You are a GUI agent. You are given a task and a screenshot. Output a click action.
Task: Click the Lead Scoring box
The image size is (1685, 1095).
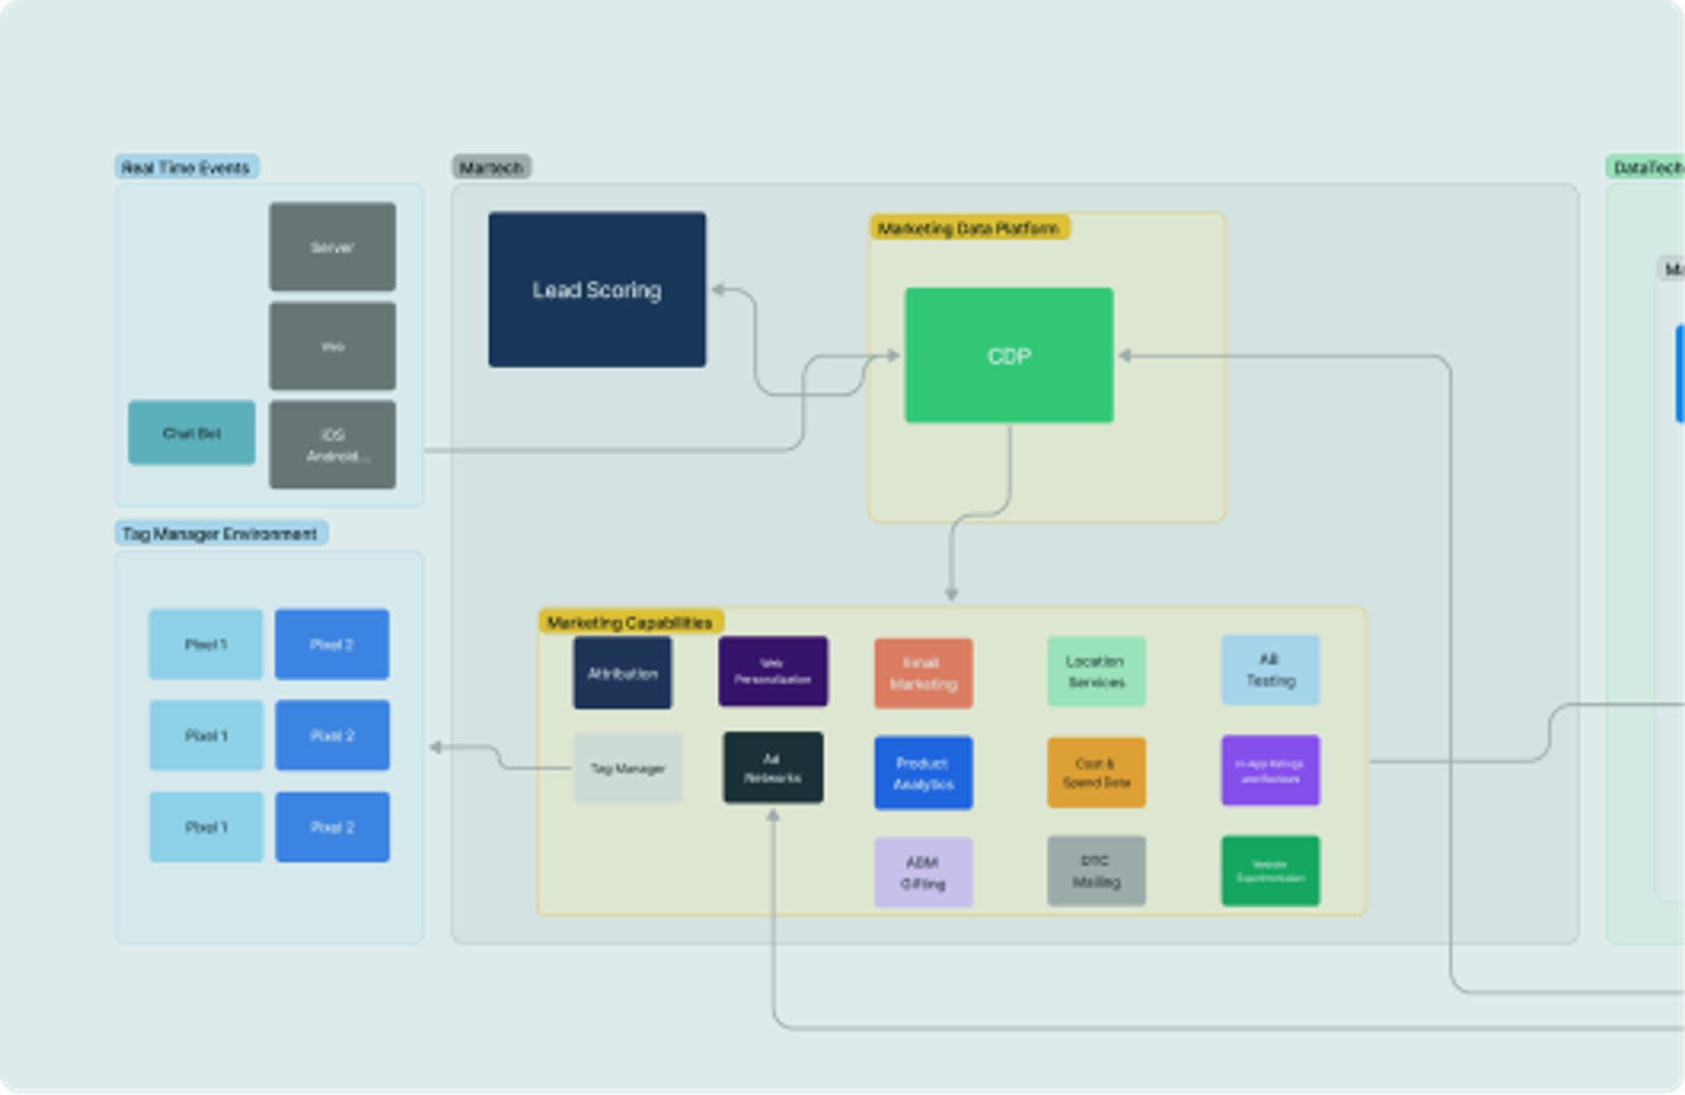click(597, 290)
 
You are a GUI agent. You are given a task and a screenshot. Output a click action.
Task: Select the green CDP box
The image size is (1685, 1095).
click(1009, 356)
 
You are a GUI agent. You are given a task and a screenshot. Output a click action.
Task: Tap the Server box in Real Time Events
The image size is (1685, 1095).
click(332, 247)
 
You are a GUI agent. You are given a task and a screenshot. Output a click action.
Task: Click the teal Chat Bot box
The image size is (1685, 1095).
click(191, 433)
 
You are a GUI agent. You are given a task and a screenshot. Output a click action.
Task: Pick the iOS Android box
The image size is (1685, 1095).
click(332, 444)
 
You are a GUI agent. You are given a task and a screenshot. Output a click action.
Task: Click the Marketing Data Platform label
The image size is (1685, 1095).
click(969, 228)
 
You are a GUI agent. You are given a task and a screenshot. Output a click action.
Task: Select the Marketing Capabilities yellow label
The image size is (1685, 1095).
click(630, 622)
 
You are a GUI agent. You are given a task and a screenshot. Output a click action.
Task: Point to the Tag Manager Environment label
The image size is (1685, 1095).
click(221, 533)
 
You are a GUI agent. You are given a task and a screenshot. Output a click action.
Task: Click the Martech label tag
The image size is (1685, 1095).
click(491, 167)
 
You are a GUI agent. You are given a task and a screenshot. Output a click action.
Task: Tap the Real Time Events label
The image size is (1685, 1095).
click(186, 167)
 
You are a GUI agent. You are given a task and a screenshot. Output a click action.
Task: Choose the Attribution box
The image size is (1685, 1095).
click(622, 673)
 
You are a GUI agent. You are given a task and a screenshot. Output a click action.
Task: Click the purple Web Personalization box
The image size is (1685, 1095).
click(773, 671)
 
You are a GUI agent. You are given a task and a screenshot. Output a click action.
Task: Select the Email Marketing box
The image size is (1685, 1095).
click(923, 673)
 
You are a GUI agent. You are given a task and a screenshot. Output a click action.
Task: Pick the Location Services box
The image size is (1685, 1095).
click(1096, 671)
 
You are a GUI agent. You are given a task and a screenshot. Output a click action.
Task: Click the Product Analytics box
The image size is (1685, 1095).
click(923, 773)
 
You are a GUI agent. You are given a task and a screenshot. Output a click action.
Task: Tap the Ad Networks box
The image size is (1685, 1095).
click(773, 768)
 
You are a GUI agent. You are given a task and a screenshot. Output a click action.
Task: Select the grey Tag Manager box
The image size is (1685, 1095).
click(628, 769)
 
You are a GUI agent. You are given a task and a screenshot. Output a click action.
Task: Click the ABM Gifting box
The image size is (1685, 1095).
click(923, 873)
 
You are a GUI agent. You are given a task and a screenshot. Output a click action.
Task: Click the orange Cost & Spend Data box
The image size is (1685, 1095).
click(1096, 773)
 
